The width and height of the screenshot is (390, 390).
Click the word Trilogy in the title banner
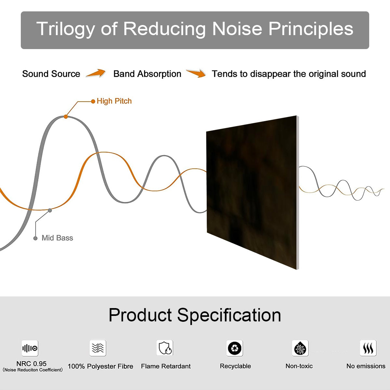click(66, 29)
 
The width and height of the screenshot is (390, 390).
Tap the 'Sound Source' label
click(51, 74)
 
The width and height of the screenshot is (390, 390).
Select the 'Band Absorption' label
click(147, 74)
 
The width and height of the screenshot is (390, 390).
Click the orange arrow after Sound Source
click(96, 73)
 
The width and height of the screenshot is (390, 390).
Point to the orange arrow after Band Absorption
click(196, 73)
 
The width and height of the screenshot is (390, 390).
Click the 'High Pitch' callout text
click(114, 101)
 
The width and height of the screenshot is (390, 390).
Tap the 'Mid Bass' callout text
click(57, 238)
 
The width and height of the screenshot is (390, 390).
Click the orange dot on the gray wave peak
click(66, 117)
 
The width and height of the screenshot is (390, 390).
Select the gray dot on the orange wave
click(50, 211)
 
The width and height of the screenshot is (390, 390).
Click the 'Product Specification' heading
click(195, 315)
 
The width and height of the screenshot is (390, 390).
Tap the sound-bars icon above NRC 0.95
click(30, 348)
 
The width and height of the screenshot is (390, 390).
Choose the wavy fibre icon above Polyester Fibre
click(98, 348)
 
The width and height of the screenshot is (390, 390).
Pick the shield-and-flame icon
click(165, 348)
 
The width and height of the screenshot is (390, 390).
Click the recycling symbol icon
click(235, 348)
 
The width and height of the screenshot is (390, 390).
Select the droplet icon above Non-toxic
click(300, 348)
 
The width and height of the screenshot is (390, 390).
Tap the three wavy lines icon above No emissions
click(368, 348)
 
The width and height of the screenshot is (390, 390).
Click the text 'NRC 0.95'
click(32, 364)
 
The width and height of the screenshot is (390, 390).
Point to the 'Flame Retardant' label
click(166, 366)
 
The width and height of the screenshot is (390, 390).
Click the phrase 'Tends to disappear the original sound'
click(289, 74)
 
